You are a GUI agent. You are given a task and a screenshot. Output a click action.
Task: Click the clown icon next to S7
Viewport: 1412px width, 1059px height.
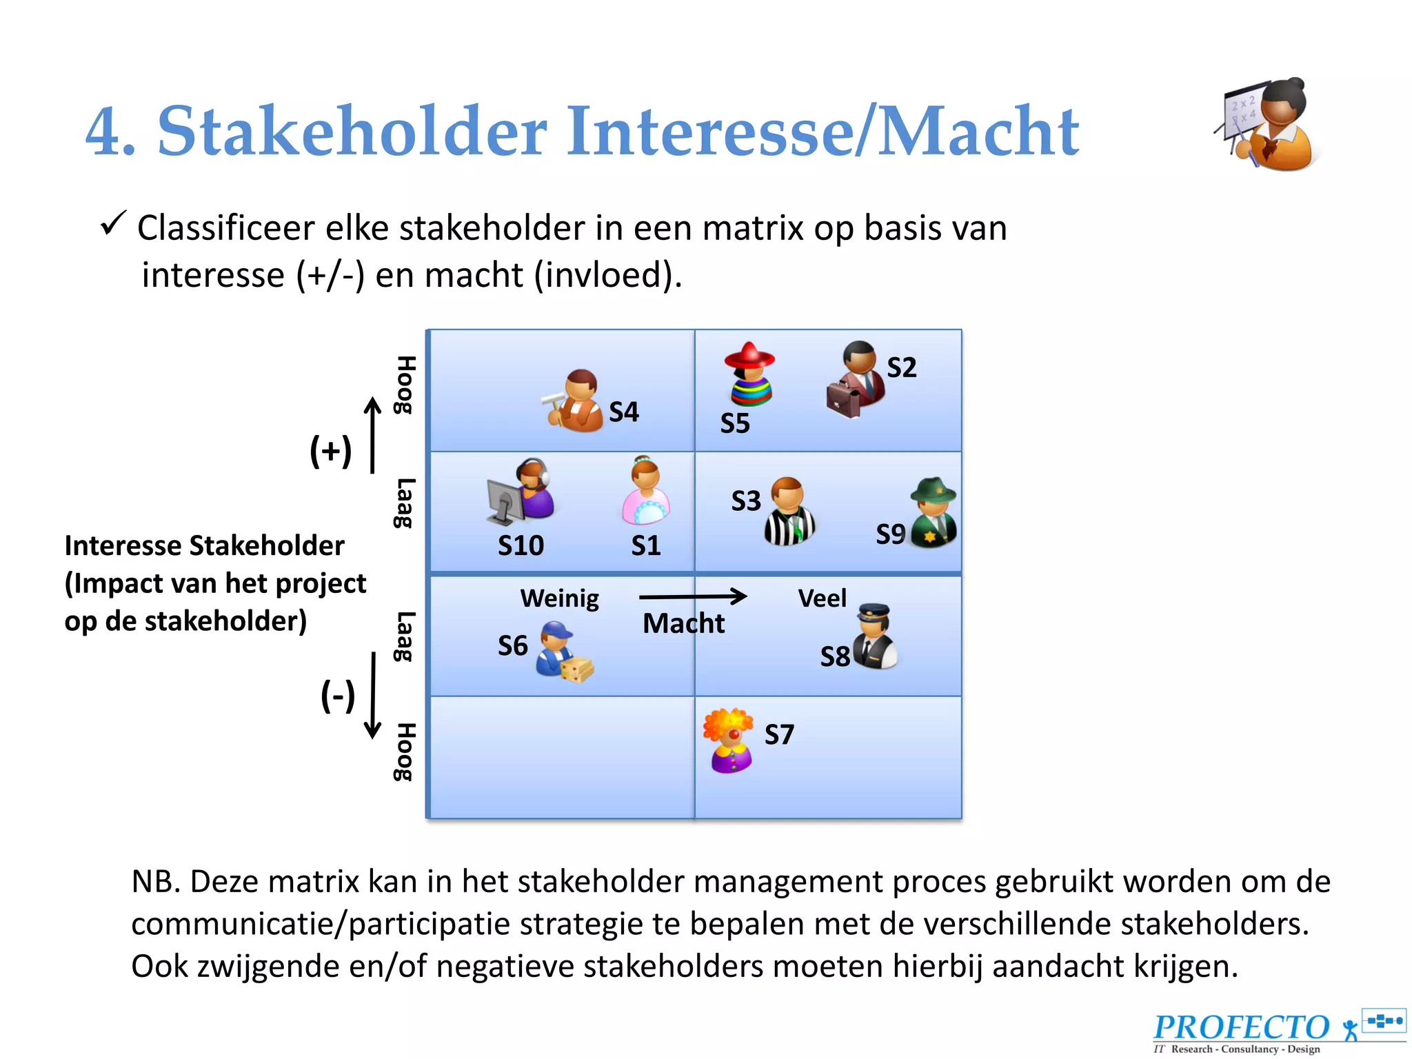729,740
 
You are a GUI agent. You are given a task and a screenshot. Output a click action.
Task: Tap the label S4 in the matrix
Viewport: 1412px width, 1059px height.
624,412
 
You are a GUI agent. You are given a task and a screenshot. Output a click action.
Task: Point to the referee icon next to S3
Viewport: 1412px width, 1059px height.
789,511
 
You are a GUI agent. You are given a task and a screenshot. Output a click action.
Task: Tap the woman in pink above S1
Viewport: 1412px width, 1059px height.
645,491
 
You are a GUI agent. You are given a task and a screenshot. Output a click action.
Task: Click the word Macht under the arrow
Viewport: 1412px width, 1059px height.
683,623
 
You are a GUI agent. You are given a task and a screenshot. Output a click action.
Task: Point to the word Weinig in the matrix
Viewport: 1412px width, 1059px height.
559,598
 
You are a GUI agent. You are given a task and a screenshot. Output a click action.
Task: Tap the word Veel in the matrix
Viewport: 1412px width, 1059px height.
822,598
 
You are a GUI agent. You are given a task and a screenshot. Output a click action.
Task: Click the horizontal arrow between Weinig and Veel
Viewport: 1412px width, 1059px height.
693,596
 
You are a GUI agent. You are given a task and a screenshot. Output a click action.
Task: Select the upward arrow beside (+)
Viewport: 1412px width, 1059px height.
372,435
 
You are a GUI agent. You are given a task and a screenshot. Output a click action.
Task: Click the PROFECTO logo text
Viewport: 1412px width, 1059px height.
1241,1027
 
